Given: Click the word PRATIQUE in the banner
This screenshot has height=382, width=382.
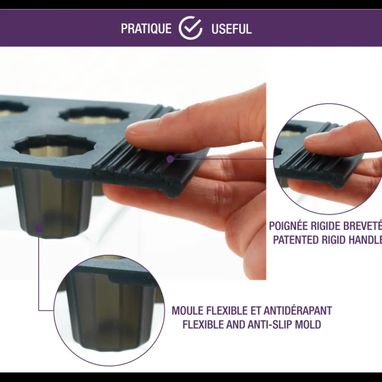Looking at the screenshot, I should coord(146,29).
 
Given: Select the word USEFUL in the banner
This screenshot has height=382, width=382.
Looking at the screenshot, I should coord(231,29).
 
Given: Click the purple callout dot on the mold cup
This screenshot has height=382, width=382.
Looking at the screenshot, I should coord(39,228).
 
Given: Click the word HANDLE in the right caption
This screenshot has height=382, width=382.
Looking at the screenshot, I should coord(365,240).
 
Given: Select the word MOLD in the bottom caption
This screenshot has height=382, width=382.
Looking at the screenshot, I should coord(309,325).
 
